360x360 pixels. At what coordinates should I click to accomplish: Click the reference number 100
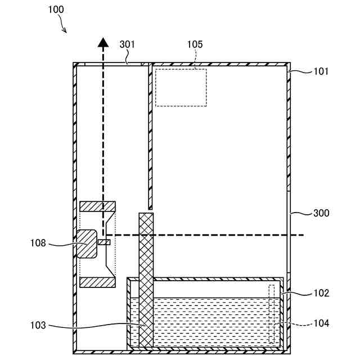[56, 10]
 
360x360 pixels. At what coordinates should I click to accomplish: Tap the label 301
[127, 44]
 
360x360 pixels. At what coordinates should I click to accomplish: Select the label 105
[195, 44]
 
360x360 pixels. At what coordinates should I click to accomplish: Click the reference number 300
[321, 213]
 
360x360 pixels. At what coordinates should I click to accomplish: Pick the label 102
[321, 293]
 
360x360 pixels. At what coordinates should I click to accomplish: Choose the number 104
[321, 323]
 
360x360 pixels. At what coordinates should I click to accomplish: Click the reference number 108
[39, 244]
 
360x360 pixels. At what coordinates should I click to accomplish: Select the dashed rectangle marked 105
[181, 87]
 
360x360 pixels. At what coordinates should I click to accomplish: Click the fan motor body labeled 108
[87, 243]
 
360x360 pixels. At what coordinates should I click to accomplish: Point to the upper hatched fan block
[98, 206]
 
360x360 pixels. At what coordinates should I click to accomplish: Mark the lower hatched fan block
[98, 282]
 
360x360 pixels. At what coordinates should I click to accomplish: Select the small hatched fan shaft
[104, 242]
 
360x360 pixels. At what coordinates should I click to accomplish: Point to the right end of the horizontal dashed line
[303, 235]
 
